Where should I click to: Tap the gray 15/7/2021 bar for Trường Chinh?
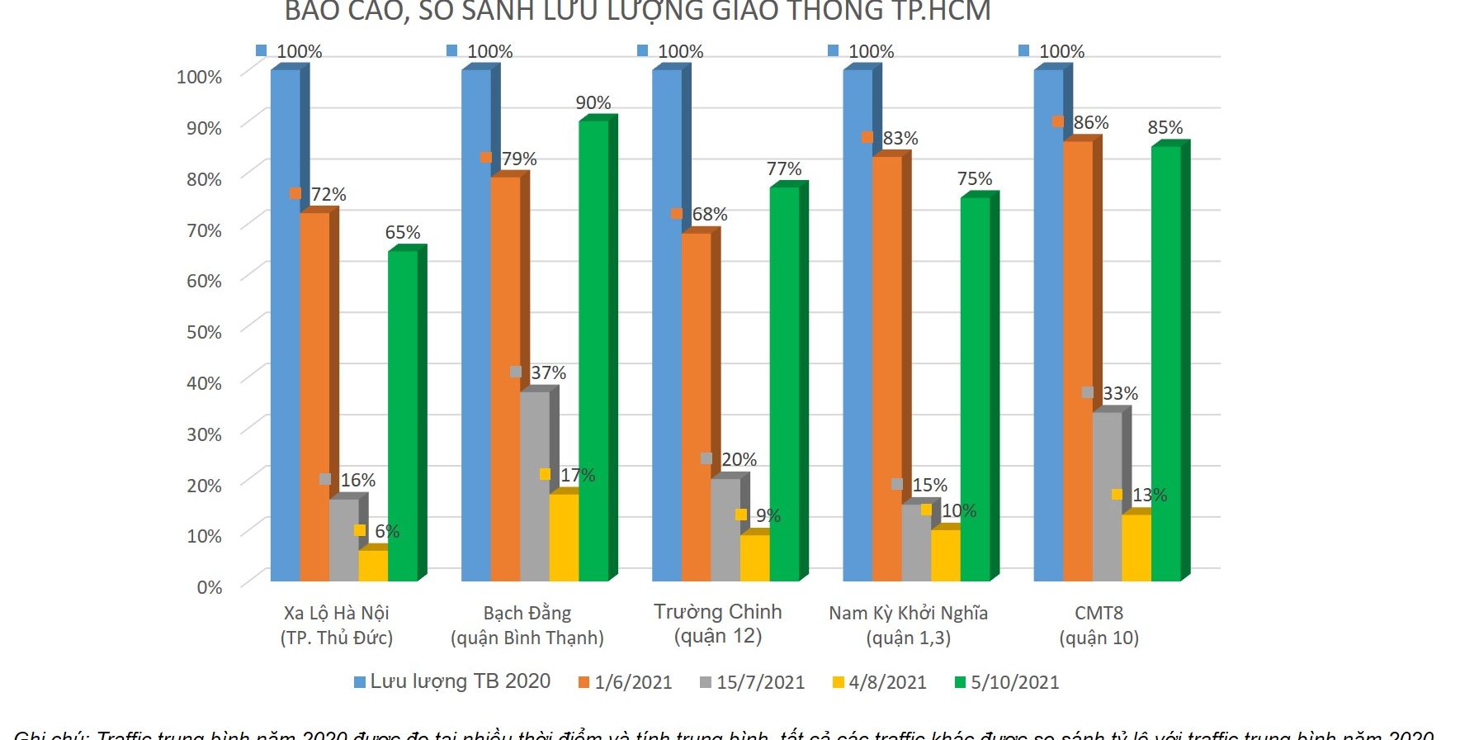(x=725, y=529)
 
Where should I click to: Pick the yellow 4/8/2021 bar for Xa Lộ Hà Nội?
(x=373, y=565)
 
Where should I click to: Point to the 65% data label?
(x=403, y=233)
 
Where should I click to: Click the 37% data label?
(x=548, y=373)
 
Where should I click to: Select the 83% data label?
(x=900, y=139)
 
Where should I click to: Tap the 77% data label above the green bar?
(x=784, y=169)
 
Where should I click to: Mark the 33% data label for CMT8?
(x=1120, y=394)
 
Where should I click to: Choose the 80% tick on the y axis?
(x=204, y=179)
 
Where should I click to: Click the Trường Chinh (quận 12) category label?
(x=718, y=624)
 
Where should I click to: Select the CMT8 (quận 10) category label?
(x=1099, y=625)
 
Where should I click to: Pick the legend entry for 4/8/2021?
(x=880, y=682)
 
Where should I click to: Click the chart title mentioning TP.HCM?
(x=637, y=12)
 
